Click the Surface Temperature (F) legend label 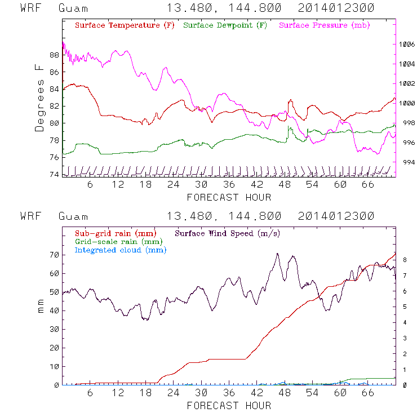[x=125, y=26]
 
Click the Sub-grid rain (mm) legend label [x=115, y=233]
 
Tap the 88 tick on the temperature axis [x=54, y=55]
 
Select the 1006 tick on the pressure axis [x=406, y=44]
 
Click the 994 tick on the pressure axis [x=406, y=162]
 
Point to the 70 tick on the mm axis [x=54, y=255]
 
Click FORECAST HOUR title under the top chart [x=229, y=197]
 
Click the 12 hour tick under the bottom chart [x=118, y=393]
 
